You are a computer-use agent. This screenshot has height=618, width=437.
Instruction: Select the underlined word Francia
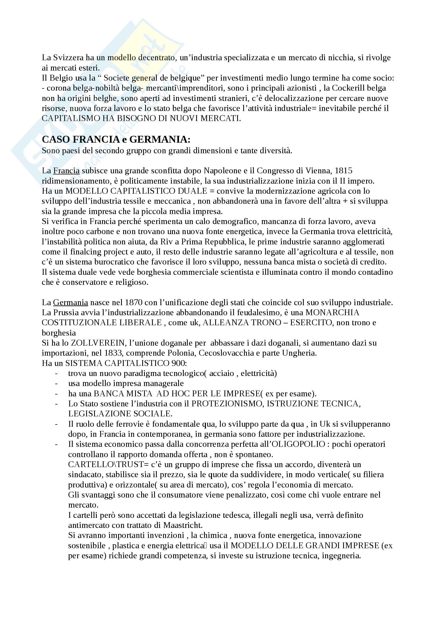(66, 171)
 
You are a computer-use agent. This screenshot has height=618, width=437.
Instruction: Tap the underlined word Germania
(70, 302)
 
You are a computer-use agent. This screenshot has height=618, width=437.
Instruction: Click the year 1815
(344, 171)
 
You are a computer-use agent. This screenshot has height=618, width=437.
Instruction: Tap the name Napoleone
(221, 171)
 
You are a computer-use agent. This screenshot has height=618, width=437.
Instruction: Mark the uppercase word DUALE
(194, 191)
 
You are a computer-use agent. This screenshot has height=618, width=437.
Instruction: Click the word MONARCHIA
(333, 313)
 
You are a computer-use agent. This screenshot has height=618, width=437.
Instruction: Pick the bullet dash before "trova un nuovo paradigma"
(56, 373)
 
